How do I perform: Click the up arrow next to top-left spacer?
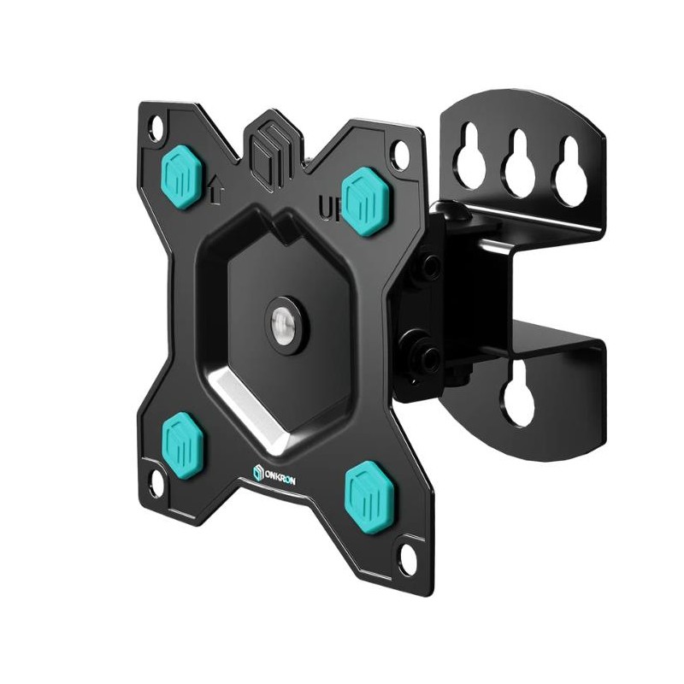tap(215, 190)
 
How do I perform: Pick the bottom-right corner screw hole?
tap(408, 560)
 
